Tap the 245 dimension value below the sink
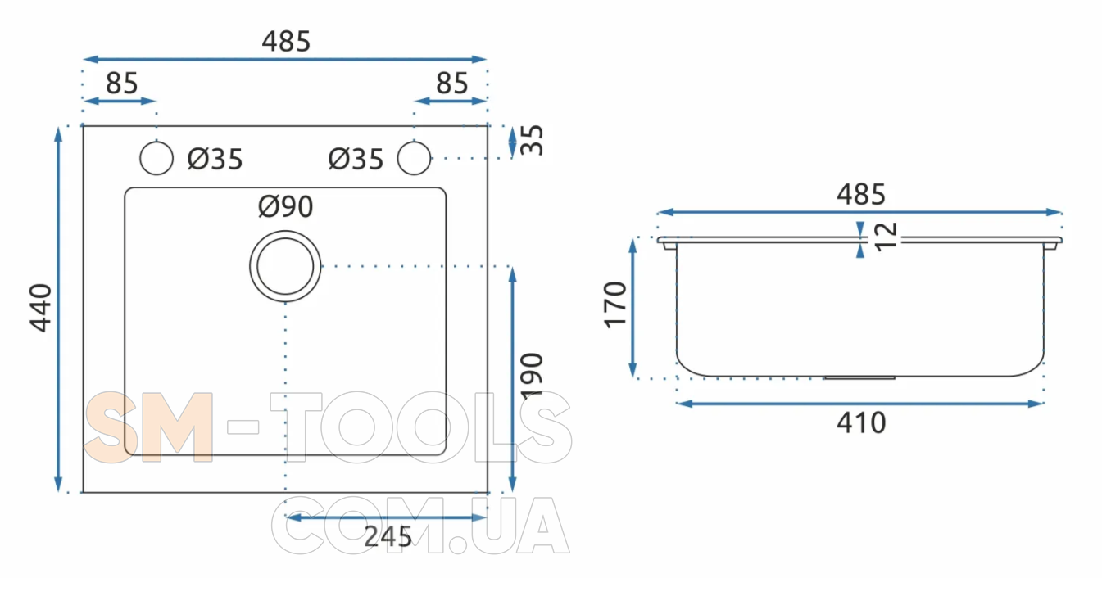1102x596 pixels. point(388,536)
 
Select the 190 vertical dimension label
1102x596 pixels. point(531,377)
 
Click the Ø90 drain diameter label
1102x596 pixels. point(285,206)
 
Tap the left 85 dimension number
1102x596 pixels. point(121,84)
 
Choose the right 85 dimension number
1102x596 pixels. point(451,84)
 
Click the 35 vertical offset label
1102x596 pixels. point(531,141)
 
